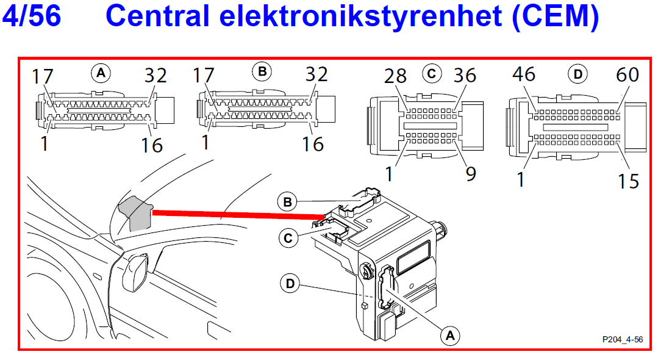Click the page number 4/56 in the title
tap(32, 16)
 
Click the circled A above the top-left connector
tap(101, 74)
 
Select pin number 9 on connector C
tap(471, 173)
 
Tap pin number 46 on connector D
tap(523, 74)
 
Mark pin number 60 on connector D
tap(627, 75)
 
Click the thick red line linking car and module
tap(238, 214)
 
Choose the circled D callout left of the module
tap(291, 283)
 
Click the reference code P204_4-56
tap(622, 339)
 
